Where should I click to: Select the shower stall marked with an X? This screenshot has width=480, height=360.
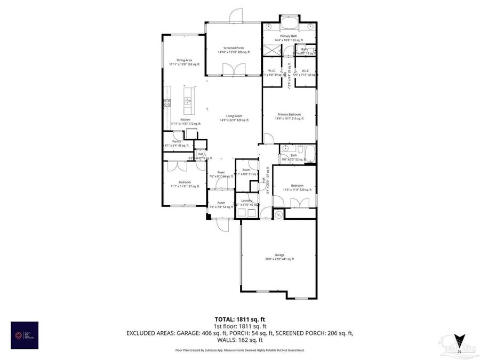(x=271, y=50)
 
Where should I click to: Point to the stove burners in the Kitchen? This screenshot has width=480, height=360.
(x=167, y=102)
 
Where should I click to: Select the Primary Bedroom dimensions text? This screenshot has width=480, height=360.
(x=289, y=119)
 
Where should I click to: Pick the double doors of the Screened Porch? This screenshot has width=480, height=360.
(x=233, y=70)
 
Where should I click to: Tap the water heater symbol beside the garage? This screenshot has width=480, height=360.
(x=278, y=213)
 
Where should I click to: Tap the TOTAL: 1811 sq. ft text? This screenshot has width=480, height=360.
(x=239, y=319)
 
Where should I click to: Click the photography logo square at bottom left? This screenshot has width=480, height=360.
(x=25, y=334)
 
